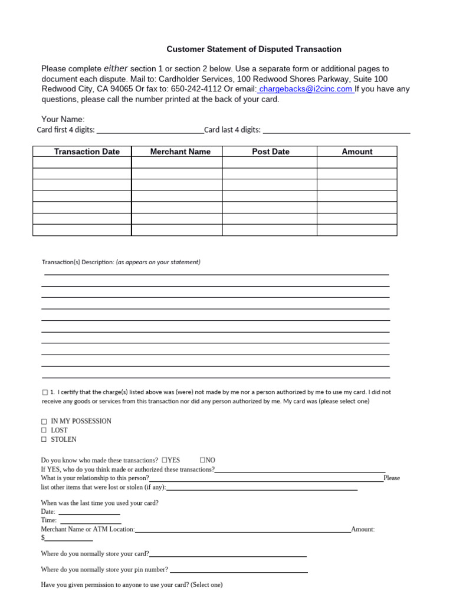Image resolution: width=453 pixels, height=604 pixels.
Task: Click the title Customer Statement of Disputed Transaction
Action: coord(254,50)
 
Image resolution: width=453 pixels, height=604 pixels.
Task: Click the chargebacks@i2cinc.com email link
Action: coord(306,89)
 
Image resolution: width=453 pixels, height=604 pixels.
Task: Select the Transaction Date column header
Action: coord(87,152)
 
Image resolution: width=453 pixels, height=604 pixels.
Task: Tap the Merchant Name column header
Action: coord(180,152)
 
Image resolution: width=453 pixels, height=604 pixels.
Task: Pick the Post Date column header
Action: coord(271,152)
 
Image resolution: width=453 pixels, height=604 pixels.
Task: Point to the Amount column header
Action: coord(357,152)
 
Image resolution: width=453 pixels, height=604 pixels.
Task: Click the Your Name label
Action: coord(63,120)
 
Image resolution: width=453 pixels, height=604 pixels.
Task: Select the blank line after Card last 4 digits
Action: coord(336,131)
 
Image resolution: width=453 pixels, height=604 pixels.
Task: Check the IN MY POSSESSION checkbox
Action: coord(44,422)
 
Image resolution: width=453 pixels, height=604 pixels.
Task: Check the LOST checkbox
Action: coord(44,431)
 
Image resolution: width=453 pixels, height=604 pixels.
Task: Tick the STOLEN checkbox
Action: coord(44,440)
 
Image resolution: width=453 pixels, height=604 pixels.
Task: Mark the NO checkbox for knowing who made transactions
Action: coord(202,460)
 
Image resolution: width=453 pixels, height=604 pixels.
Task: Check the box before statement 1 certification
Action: coord(45,392)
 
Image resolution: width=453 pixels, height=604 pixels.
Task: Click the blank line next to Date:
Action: coord(88,513)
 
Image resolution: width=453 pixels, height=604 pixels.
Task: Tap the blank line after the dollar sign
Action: coord(69,539)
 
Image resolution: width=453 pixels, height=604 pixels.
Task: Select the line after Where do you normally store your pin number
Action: coord(239,570)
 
